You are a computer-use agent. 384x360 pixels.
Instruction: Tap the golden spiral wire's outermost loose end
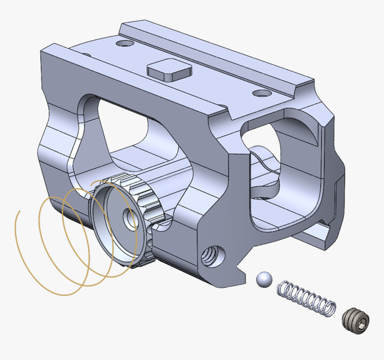click(x=17, y=213)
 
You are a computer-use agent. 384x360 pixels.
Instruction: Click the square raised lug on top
click(x=170, y=69)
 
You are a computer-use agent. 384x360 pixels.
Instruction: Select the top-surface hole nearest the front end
click(x=261, y=93)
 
